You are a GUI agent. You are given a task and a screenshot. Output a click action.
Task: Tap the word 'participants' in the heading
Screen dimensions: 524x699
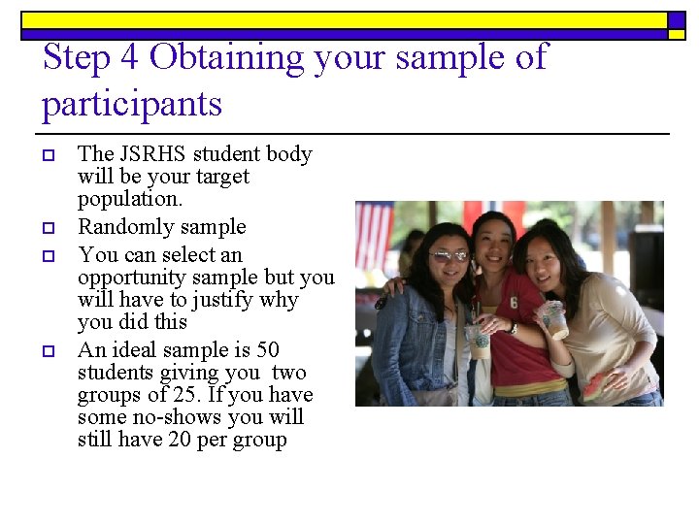point(132,104)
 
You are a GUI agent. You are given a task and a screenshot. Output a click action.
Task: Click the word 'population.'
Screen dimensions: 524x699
point(130,200)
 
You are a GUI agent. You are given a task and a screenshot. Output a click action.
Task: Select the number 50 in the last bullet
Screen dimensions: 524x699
point(267,349)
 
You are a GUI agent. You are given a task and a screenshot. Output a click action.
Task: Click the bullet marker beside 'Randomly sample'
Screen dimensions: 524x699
point(47,228)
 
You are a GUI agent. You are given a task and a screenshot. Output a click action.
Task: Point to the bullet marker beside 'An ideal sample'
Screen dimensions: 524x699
point(47,350)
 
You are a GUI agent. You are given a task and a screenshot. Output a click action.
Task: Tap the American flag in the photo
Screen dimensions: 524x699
point(374,234)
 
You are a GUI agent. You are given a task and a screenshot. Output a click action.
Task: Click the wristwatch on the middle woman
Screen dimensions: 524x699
point(514,328)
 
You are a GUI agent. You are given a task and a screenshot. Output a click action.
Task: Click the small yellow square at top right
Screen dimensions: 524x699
point(677,34)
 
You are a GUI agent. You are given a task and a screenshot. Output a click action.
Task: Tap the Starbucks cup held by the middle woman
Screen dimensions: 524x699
point(479,341)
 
